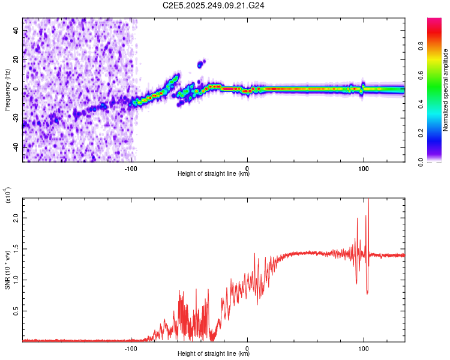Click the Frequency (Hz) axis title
(x=8, y=90)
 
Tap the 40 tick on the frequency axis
(x=16, y=31)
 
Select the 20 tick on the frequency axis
(x=16, y=60)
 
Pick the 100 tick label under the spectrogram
(x=363, y=167)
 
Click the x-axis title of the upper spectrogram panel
(x=214, y=174)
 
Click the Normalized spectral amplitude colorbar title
(x=445, y=90)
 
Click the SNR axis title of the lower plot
(x=8, y=270)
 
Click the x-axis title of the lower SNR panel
(x=214, y=354)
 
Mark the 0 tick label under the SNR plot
(x=247, y=347)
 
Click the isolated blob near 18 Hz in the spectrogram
(x=201, y=63)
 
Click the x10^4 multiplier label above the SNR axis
(x=8, y=196)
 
